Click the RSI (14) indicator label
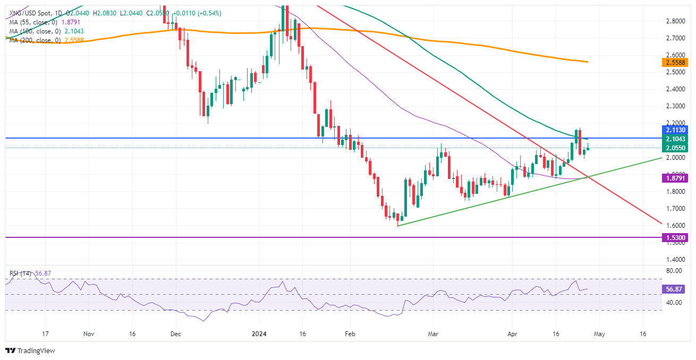[x=20, y=273]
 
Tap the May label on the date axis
[x=599, y=335]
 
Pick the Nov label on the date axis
[x=89, y=335]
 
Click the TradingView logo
[x=30, y=350]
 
